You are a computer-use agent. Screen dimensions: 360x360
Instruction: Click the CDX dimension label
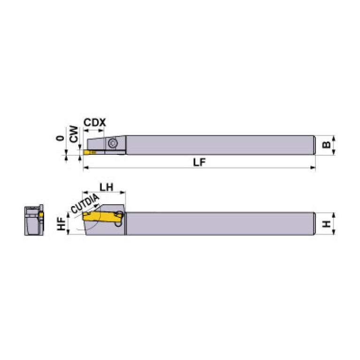tap(94, 123)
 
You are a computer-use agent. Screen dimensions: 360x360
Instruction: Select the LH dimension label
tap(107, 186)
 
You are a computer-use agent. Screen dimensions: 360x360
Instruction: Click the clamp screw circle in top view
tap(113, 144)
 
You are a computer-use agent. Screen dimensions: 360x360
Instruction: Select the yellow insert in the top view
tap(89, 152)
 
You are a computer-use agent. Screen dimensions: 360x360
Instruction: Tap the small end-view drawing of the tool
tap(33, 222)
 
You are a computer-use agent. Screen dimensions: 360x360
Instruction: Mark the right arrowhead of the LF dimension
tap(313, 168)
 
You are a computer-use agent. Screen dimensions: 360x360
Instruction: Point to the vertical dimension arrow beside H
tap(334, 224)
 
